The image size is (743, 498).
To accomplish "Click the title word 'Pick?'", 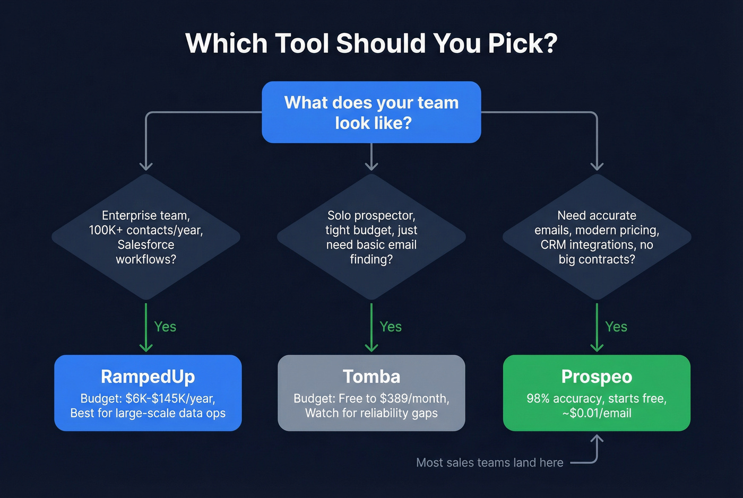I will tap(522, 43).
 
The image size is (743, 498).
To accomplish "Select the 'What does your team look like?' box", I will tap(371, 112).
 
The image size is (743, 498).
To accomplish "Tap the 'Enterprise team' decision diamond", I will tap(146, 237).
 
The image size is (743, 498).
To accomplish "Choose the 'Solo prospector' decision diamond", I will tap(371, 237).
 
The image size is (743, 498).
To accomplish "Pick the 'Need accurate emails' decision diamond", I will tap(597, 237).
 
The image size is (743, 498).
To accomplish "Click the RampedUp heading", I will tap(148, 377).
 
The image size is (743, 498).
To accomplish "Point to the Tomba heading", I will tap(371, 377).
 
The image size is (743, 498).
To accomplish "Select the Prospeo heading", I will tap(597, 377).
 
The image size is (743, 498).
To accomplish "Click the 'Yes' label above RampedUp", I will tap(165, 327).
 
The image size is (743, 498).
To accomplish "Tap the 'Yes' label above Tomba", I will tap(391, 327).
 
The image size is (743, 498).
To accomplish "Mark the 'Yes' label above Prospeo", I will tap(616, 327).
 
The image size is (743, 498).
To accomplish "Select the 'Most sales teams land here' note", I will tap(489, 462).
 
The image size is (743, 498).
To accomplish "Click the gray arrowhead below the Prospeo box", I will tap(597, 439).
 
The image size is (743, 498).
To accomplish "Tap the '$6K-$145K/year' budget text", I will tap(170, 398).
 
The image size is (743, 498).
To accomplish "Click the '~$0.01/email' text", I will tap(597, 413).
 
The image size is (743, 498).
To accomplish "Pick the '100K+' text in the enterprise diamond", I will tap(106, 230).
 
